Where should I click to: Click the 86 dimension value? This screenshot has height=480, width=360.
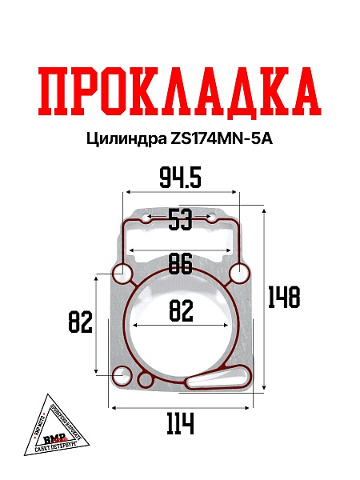click(x=181, y=262)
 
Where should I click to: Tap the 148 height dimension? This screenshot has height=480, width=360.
click(x=284, y=297)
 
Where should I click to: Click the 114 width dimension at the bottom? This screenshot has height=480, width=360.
click(x=181, y=423)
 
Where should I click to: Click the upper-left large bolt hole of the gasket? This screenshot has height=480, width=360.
click(x=122, y=274)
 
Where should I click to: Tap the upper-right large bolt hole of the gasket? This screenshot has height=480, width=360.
click(x=238, y=274)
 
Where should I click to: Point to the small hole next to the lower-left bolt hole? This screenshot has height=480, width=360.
click(x=146, y=378)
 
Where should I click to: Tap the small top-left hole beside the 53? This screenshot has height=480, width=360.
click(x=144, y=218)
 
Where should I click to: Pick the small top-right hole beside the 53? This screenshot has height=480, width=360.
click(x=214, y=218)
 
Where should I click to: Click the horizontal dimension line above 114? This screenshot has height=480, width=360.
click(x=181, y=407)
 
